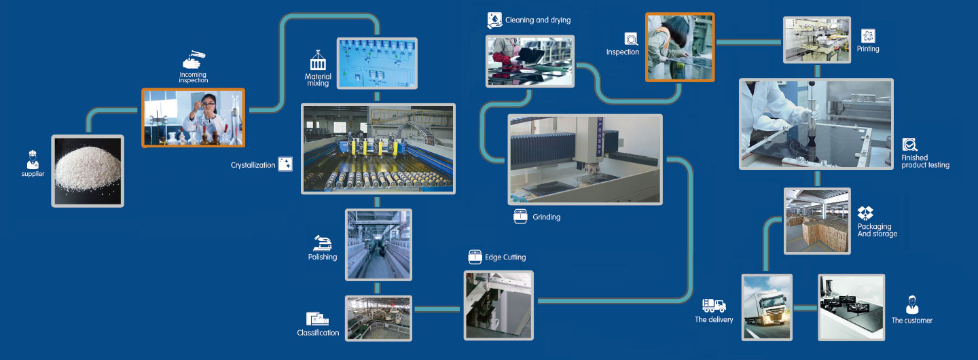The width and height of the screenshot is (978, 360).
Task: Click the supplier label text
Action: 33,174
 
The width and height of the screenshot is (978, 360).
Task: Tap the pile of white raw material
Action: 88,168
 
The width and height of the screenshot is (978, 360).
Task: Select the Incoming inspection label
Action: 193,77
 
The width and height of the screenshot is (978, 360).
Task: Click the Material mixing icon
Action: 318,60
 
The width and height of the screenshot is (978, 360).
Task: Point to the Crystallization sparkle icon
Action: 285,164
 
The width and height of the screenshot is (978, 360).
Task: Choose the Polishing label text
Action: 323,257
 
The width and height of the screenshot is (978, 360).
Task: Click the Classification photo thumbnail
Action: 378,318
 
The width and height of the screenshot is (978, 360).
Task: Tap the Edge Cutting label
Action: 505,257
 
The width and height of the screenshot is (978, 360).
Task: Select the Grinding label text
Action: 546,217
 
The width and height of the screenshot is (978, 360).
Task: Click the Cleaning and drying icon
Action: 494,20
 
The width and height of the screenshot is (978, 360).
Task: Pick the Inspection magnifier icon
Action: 632,39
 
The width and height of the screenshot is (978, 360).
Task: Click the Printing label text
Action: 867,49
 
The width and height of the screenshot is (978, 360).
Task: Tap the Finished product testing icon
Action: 909,145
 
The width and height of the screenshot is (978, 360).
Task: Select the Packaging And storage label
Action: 877,230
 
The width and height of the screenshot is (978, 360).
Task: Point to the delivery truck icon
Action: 714,306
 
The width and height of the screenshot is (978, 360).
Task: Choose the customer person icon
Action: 912,305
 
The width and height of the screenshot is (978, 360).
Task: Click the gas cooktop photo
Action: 852,307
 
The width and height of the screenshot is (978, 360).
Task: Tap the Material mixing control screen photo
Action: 377,63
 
